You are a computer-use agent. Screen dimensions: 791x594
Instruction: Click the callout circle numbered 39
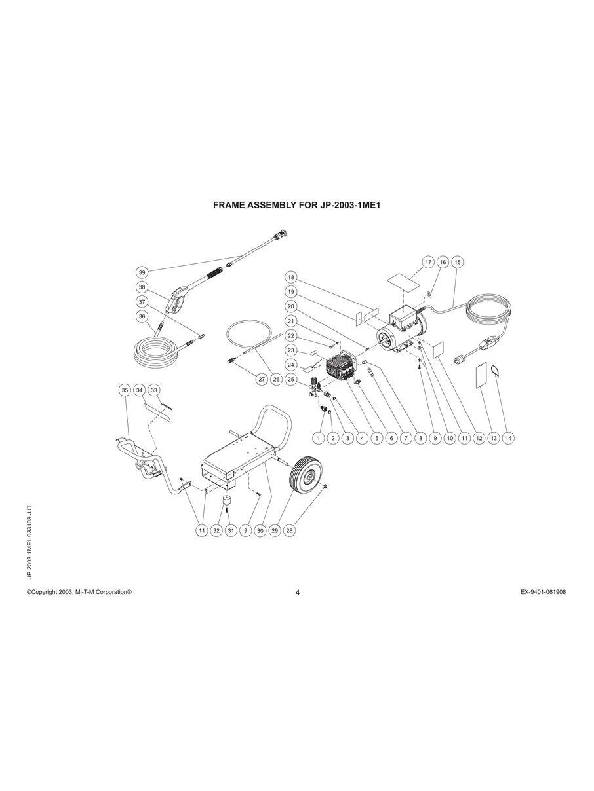(x=142, y=272)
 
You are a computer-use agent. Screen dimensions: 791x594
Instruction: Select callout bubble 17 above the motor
(x=428, y=262)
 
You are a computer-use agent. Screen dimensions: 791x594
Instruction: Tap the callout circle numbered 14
(x=508, y=439)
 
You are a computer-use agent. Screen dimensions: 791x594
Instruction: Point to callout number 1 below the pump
(x=319, y=439)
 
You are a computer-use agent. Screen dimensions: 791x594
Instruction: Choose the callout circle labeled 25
(x=292, y=379)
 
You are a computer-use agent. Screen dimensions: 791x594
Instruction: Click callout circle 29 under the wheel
(x=275, y=531)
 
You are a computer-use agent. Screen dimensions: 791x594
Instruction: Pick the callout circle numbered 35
(x=125, y=390)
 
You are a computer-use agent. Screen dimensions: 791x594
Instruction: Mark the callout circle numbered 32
(x=216, y=531)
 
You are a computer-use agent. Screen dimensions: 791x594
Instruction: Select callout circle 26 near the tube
(x=275, y=379)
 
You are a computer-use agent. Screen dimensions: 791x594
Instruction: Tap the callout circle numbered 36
(x=142, y=316)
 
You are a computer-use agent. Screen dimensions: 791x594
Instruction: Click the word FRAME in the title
(x=231, y=205)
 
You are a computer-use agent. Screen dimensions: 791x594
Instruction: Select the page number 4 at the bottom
(x=298, y=593)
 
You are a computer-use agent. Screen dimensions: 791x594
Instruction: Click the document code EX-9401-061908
(x=543, y=592)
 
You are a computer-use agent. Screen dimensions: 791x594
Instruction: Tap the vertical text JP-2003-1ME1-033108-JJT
(x=30, y=542)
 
